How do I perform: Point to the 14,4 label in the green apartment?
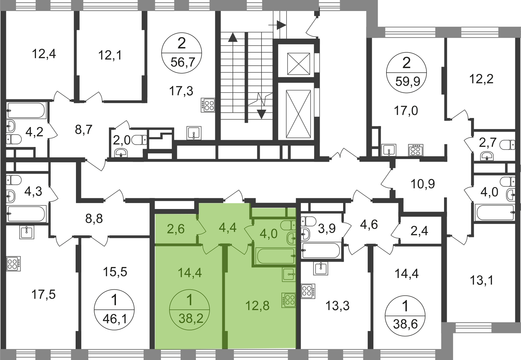pyautogui.click(x=190, y=273)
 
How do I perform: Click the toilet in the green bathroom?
pyautogui.click(x=287, y=225)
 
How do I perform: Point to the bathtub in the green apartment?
pyautogui.click(x=275, y=256)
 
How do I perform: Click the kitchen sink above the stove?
pyautogui.click(x=288, y=274)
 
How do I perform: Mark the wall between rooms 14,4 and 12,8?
pyautogui.click(x=225, y=297)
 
